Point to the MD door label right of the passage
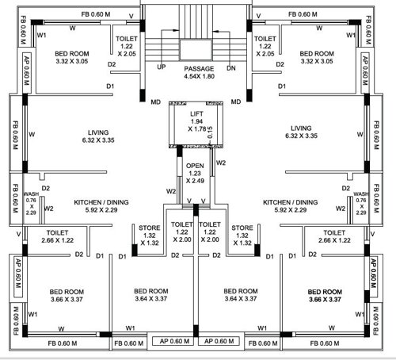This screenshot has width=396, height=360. point(235,101)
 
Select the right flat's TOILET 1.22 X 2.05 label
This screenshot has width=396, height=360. point(264,47)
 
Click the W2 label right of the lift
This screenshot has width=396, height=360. point(221,163)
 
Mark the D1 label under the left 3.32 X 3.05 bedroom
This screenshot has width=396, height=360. point(111,86)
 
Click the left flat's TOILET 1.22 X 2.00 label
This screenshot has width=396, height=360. point(181,232)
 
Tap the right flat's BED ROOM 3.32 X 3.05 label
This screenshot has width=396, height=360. point(317,57)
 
